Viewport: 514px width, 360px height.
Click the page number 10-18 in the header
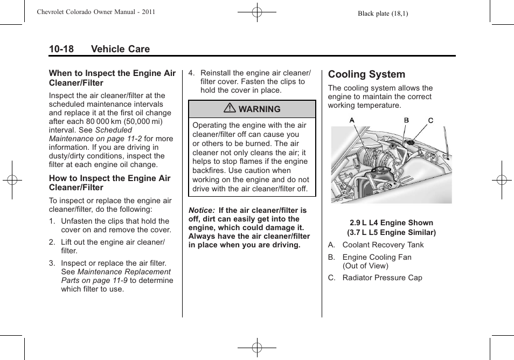(x=61, y=49)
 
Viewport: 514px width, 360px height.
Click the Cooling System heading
(x=366, y=74)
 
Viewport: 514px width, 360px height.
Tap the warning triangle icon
(x=230, y=109)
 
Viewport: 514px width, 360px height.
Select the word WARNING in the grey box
(x=259, y=109)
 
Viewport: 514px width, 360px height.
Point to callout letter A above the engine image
(x=352, y=120)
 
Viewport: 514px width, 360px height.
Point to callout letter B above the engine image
(x=407, y=120)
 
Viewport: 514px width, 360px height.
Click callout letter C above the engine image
(x=430, y=120)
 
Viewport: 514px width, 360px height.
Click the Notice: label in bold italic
(x=202, y=210)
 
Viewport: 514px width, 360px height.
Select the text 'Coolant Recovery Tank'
(x=383, y=245)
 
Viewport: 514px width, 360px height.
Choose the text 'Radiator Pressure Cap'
(x=382, y=278)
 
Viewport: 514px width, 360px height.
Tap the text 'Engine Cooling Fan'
(x=377, y=257)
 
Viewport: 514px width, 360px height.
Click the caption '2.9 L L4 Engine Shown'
(x=391, y=223)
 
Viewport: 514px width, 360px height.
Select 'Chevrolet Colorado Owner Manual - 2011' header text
(x=96, y=12)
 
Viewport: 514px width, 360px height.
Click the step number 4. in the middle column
(x=191, y=73)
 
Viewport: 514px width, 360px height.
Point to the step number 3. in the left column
(x=52, y=263)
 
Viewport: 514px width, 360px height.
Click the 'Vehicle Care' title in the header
(x=120, y=49)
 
